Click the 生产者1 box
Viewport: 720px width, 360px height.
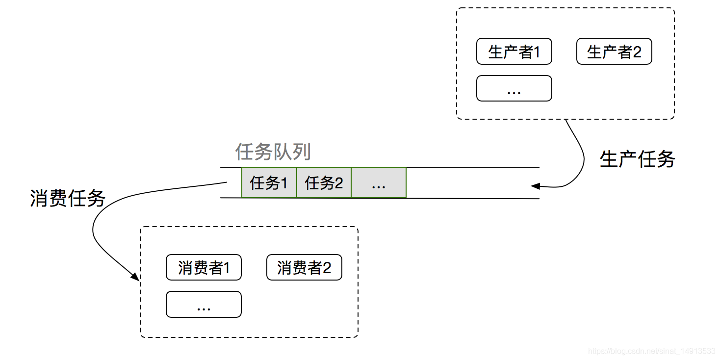point(514,51)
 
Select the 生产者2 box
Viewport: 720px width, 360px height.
point(614,51)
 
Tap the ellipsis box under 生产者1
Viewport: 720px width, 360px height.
point(514,88)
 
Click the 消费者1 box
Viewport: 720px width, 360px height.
point(204,267)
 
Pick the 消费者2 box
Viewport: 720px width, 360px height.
point(304,267)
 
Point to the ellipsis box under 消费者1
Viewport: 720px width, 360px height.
point(204,305)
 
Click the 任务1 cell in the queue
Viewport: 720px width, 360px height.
point(269,183)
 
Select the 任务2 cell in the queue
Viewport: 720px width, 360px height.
point(324,183)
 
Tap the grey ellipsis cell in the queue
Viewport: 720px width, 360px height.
point(379,183)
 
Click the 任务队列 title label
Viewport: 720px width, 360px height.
point(273,152)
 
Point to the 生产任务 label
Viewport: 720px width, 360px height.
point(637,159)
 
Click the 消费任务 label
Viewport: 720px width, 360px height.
point(68,198)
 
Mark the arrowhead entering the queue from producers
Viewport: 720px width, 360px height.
point(536,186)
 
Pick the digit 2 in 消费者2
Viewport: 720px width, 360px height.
point(327,268)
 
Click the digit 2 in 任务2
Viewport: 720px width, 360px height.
point(338,183)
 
